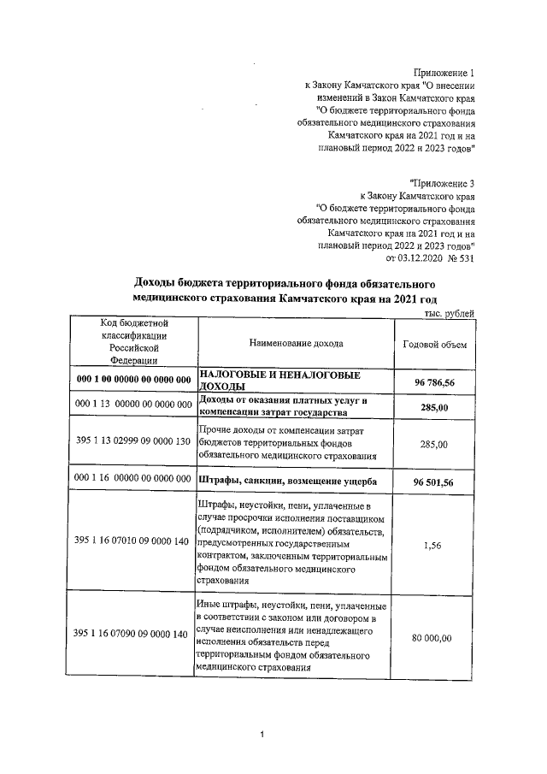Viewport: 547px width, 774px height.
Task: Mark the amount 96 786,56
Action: [x=434, y=381]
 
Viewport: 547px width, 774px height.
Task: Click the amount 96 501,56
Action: [x=434, y=482]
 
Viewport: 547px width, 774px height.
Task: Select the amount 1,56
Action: [x=434, y=541]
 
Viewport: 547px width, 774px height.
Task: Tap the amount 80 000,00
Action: [x=434, y=637]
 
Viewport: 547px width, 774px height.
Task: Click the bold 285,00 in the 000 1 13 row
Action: [x=434, y=408]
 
